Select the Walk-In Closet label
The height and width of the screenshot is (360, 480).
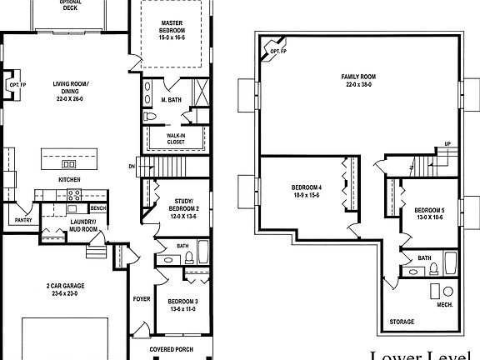[175, 137]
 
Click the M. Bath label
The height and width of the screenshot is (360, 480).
[171, 100]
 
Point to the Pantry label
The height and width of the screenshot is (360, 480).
[23, 220]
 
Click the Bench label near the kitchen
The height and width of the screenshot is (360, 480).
[98, 207]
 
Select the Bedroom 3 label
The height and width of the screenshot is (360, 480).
[182, 305]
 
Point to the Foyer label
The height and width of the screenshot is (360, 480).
[142, 297]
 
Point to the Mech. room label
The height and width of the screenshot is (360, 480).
[444, 305]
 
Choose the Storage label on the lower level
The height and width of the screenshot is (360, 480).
[402, 322]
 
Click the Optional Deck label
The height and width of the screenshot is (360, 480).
[70, 5]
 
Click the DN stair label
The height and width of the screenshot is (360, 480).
[132, 165]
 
